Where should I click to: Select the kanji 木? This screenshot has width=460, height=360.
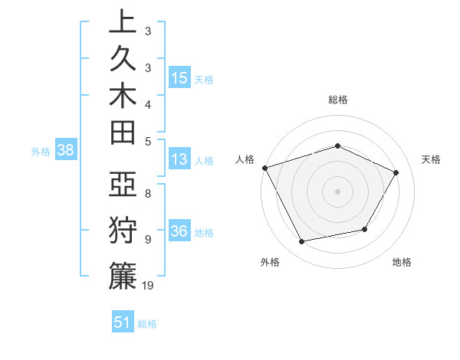122,96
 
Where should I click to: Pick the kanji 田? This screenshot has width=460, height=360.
122,132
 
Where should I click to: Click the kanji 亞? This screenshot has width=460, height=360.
122,185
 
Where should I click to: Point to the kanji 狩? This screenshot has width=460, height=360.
122,231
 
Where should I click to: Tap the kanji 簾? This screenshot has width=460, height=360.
122,276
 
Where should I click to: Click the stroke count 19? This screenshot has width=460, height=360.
148,285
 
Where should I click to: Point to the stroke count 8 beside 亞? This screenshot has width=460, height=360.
147,193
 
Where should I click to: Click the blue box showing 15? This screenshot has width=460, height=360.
179,78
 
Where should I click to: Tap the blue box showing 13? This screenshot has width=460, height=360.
179,160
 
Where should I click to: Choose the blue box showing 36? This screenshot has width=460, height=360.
179,232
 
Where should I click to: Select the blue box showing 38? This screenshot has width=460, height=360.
65,151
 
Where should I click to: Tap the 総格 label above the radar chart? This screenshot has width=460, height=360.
337,100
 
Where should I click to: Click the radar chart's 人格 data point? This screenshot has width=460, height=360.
264,168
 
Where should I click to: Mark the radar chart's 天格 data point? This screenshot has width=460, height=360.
396,172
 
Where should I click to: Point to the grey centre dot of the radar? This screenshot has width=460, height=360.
337,191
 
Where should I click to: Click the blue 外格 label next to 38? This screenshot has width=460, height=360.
41,152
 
